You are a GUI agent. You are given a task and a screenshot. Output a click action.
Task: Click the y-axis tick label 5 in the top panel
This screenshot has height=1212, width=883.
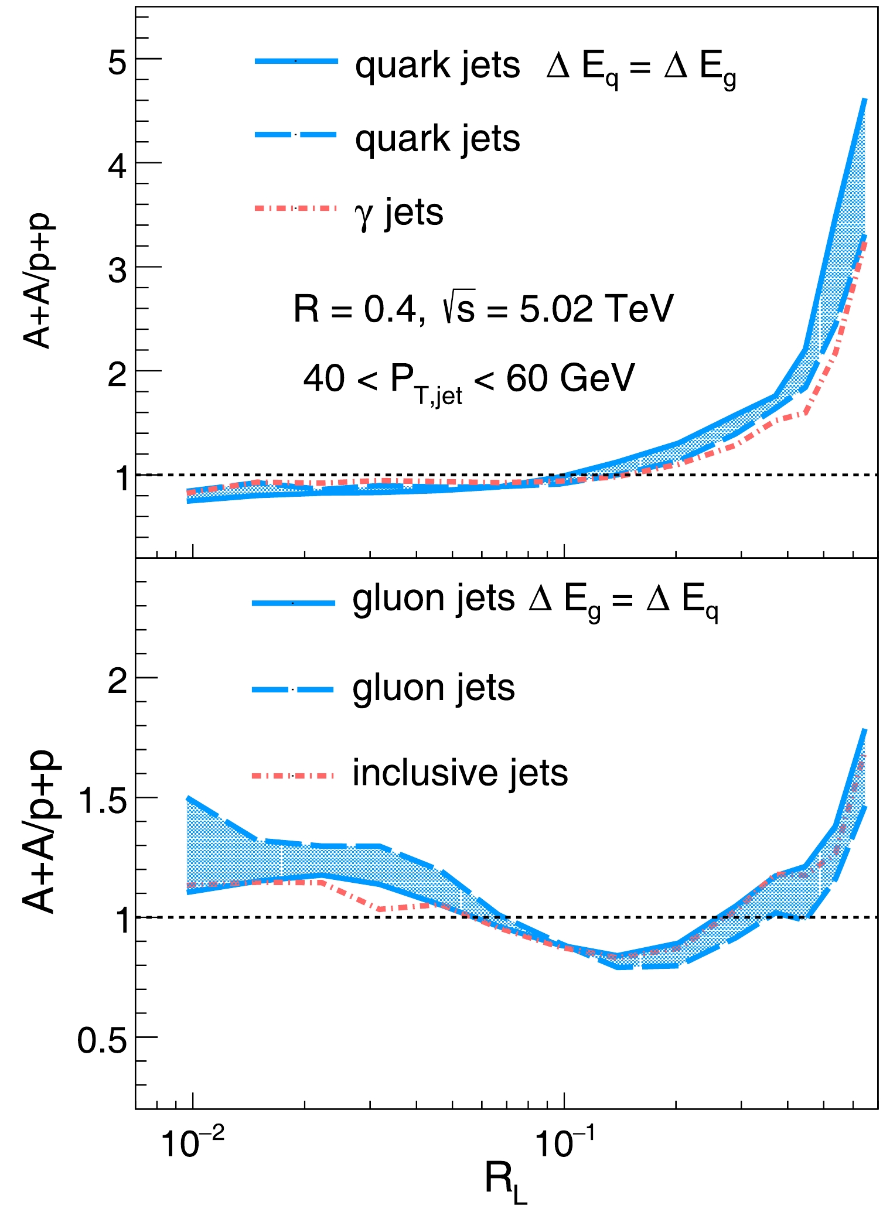(x=117, y=62)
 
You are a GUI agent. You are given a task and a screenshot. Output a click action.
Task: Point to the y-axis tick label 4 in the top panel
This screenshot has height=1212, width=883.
(x=117, y=166)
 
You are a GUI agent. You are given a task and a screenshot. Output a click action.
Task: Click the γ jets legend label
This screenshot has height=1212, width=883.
(x=399, y=212)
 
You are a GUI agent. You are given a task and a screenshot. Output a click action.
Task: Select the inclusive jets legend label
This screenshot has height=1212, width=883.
(x=460, y=773)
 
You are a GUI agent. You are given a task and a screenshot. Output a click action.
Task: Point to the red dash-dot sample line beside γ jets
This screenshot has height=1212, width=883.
(x=296, y=208)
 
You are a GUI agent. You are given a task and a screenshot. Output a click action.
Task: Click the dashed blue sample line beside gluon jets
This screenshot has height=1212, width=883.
(x=293, y=689)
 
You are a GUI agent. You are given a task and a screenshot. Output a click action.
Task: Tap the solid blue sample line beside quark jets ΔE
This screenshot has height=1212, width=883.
(x=296, y=61)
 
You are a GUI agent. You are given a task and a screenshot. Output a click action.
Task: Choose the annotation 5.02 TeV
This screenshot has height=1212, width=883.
(x=596, y=309)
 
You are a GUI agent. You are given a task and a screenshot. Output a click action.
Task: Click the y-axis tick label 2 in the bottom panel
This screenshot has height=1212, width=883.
(x=117, y=681)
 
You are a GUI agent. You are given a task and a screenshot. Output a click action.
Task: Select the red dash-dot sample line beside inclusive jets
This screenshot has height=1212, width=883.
(x=293, y=776)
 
